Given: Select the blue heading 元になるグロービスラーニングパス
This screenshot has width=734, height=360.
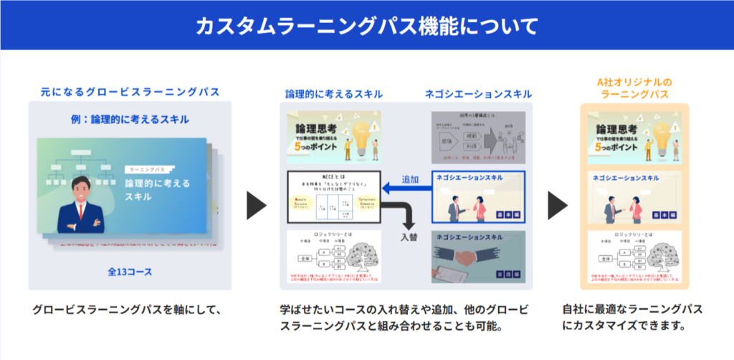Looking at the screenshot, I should point(130,93).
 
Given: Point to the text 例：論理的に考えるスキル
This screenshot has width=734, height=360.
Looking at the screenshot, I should point(130,118).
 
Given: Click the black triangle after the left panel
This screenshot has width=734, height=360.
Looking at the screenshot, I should point(256,205).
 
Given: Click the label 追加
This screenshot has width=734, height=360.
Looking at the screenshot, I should point(410,176).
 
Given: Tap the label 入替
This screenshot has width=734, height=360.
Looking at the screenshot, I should point(410,236).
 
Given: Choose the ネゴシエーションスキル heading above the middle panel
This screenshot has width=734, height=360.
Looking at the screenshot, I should point(478,94).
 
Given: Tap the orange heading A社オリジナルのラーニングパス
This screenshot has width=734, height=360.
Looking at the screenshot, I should point(634,88).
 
